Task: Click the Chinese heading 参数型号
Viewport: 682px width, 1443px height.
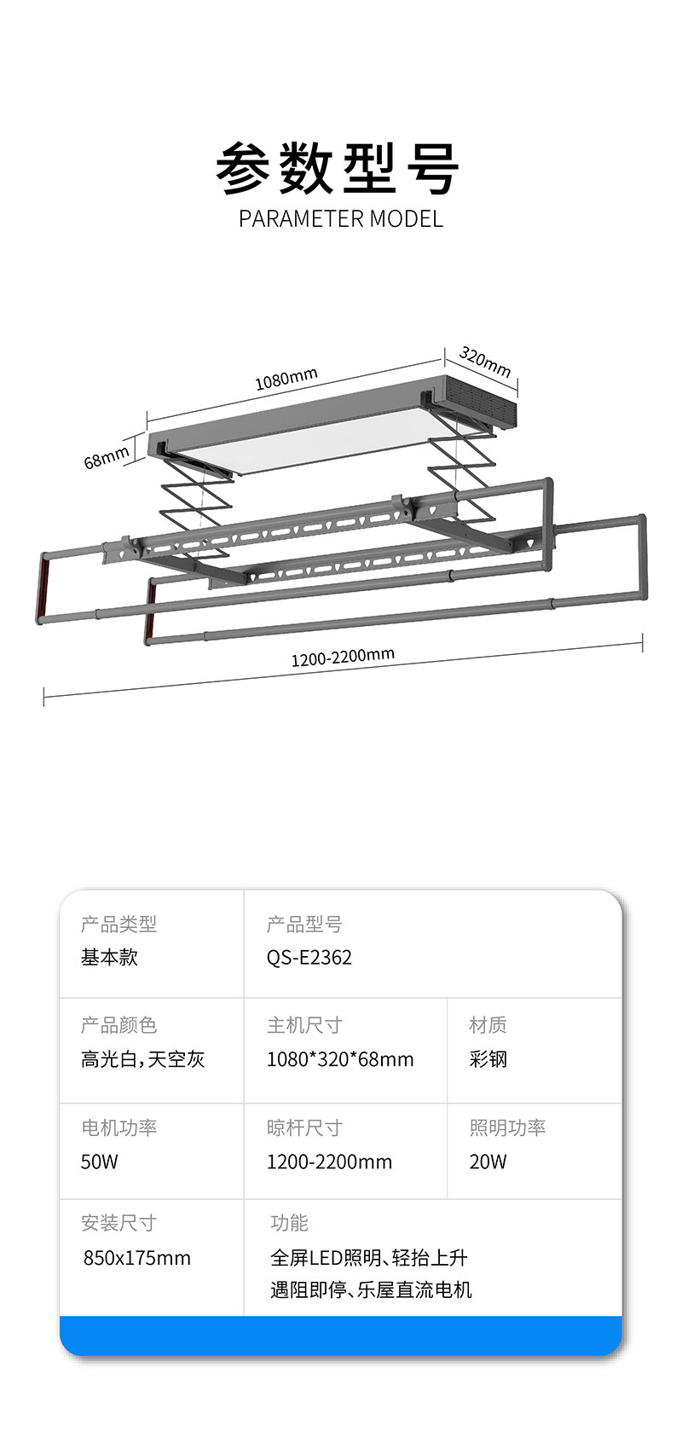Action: tap(338, 168)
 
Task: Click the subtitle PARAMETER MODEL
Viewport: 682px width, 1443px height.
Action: tap(340, 219)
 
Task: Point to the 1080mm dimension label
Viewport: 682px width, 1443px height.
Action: tap(286, 379)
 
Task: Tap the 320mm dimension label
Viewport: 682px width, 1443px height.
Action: tap(485, 362)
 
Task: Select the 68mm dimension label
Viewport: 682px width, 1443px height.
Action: tap(107, 457)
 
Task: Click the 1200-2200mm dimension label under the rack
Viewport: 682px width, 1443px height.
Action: tap(343, 657)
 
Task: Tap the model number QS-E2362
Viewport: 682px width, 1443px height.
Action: tap(309, 957)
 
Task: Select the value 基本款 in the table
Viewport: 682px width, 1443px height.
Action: tap(109, 957)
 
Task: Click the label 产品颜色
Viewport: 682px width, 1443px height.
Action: tap(118, 1025)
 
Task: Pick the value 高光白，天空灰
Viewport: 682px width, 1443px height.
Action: tap(142, 1059)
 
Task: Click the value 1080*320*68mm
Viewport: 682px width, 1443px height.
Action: tap(339, 1059)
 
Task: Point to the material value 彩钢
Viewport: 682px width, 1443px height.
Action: tap(488, 1059)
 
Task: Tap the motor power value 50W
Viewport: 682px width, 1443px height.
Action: tap(100, 1162)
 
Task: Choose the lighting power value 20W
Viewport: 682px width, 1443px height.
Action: tap(488, 1162)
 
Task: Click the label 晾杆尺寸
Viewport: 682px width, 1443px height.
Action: tap(304, 1127)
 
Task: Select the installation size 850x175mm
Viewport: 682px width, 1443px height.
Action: tap(136, 1258)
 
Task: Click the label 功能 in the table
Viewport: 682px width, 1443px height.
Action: tap(289, 1223)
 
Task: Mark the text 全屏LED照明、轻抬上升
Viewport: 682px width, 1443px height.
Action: tap(368, 1258)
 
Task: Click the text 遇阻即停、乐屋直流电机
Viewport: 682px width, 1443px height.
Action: tap(371, 1289)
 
